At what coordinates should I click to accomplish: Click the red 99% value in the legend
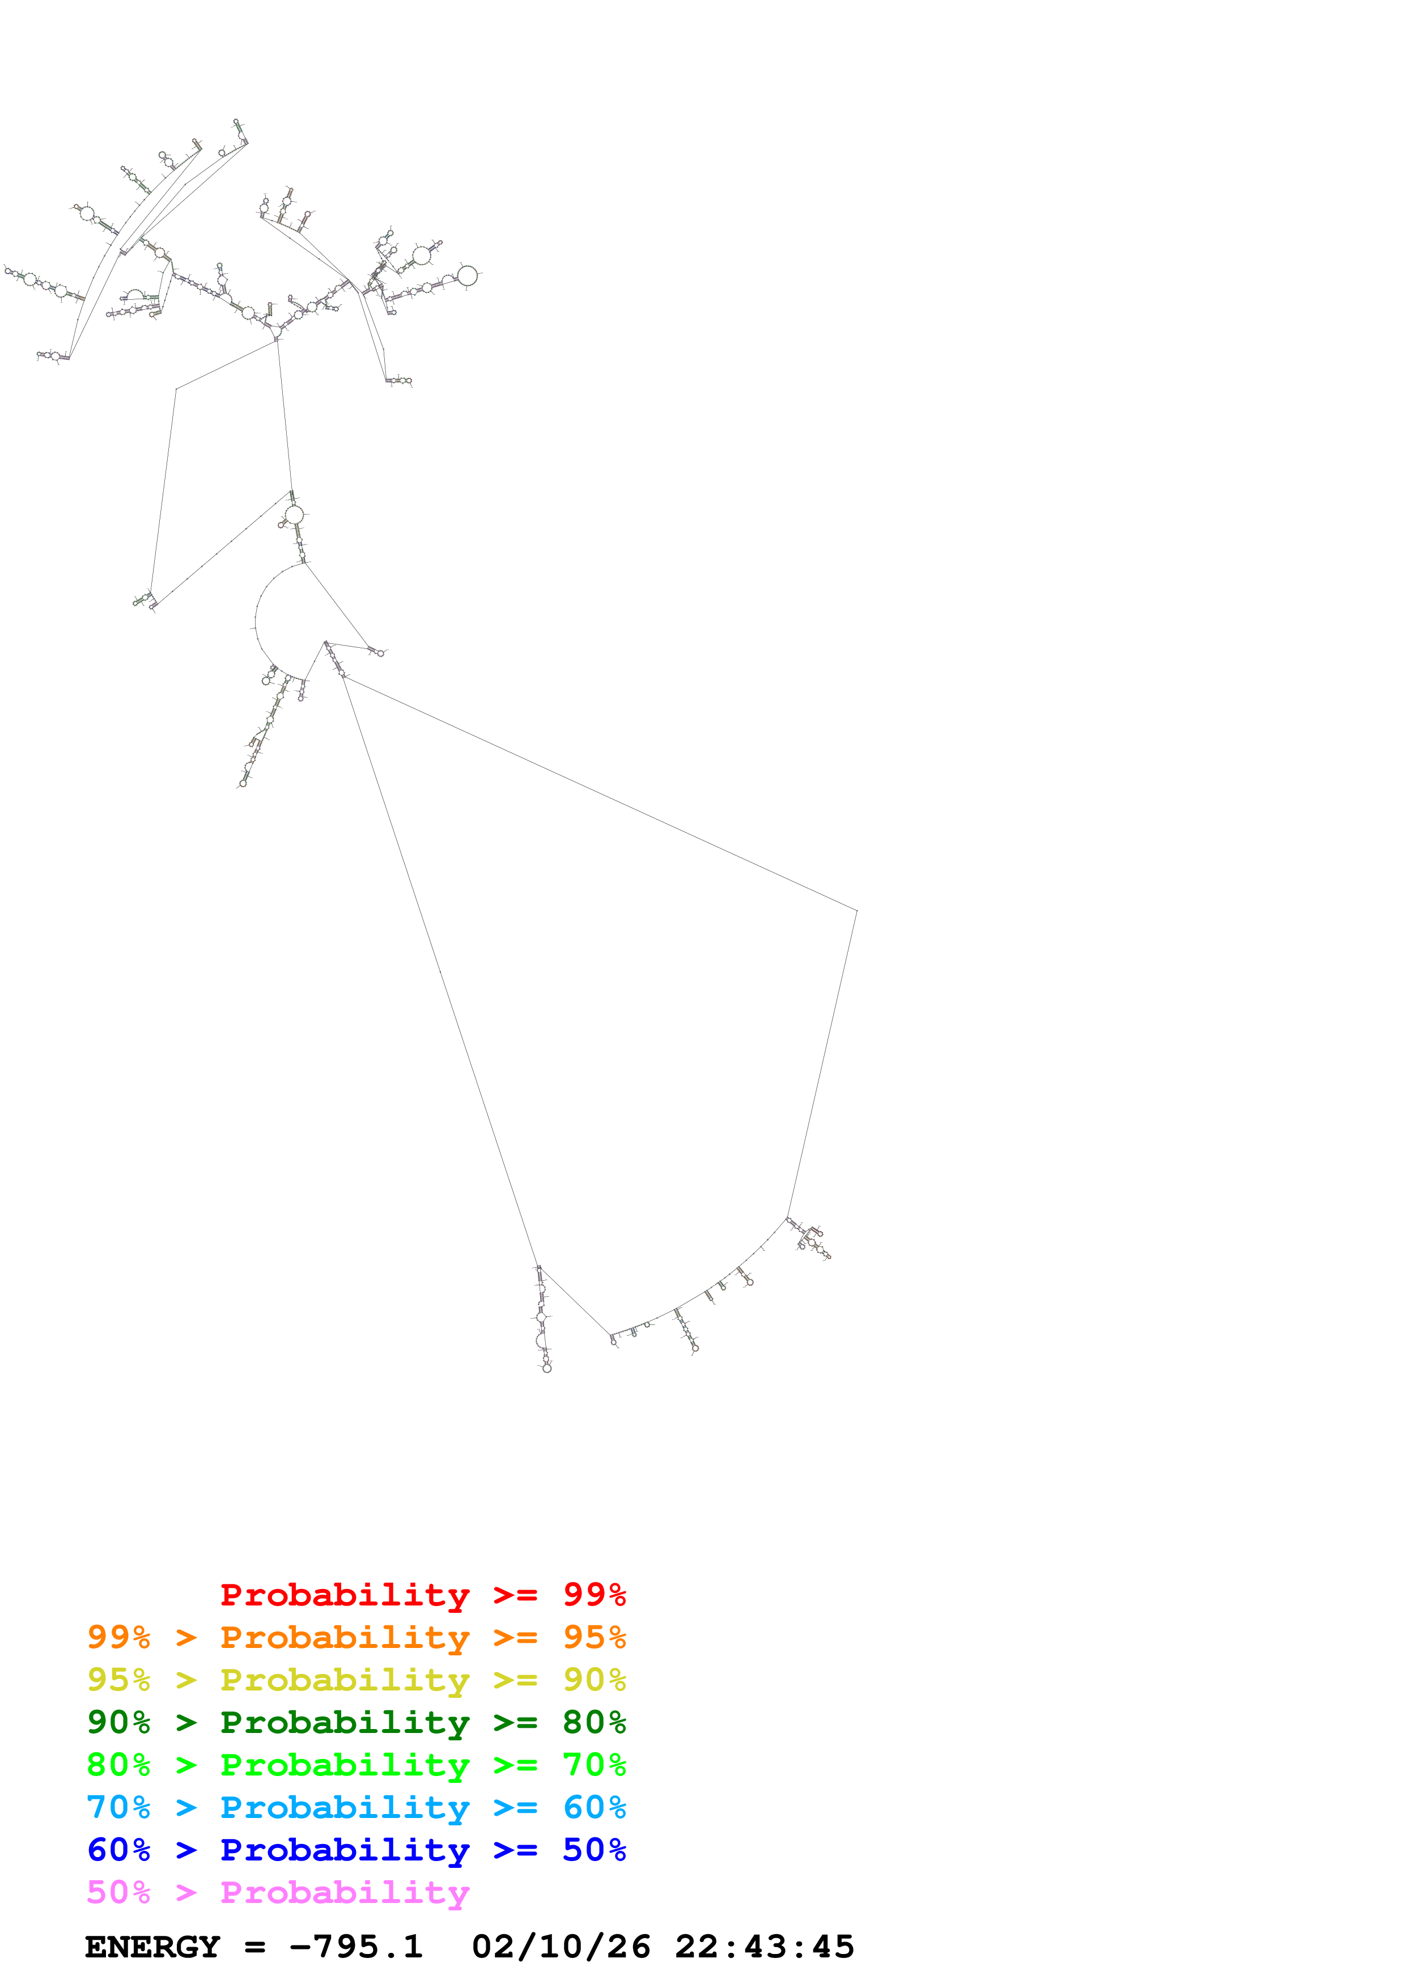point(594,1595)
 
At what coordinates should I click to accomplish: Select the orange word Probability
point(345,1637)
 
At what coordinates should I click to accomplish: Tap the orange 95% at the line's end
point(594,1637)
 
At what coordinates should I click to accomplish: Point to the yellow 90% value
point(594,1680)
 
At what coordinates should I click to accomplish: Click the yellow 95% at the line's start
point(118,1680)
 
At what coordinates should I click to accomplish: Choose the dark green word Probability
point(345,1722)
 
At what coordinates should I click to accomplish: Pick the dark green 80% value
point(594,1722)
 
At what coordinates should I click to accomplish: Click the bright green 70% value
point(594,1765)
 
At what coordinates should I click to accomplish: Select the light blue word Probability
point(345,1807)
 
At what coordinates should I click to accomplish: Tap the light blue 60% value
point(594,1807)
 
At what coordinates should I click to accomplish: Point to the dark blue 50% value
point(594,1850)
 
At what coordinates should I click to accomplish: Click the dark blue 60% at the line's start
point(118,1850)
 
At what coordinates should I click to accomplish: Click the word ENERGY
point(152,1947)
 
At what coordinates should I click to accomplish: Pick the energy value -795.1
point(356,1947)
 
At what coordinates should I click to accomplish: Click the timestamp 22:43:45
point(765,1947)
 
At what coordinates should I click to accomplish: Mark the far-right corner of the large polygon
point(856,910)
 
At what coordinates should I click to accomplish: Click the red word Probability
point(345,1595)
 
